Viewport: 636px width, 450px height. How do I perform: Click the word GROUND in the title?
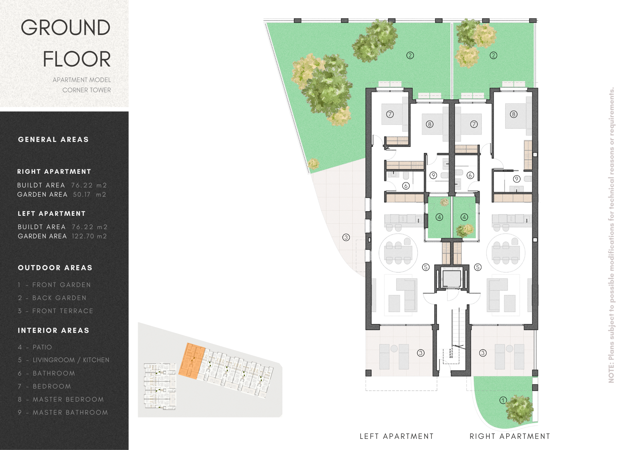(66, 28)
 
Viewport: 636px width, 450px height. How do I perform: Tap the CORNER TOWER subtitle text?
(86, 90)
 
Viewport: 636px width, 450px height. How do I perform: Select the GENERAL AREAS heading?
(53, 139)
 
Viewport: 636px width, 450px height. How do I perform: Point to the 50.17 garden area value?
(82, 194)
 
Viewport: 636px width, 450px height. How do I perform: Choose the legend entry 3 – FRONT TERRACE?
(55, 311)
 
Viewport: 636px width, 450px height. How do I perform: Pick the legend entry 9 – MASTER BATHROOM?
(63, 412)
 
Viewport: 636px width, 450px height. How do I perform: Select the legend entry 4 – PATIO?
(35, 347)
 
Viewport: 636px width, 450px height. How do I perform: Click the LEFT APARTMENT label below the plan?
(397, 436)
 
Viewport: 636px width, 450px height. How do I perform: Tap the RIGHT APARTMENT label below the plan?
(510, 436)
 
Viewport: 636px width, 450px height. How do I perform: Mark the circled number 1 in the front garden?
(503, 400)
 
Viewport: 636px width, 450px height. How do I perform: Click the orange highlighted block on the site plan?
(192, 361)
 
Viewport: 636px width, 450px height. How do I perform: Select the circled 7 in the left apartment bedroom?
(390, 114)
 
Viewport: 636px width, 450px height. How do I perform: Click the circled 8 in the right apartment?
(514, 114)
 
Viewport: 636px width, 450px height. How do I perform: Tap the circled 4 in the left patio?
(439, 217)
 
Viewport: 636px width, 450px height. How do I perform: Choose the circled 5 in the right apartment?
(478, 267)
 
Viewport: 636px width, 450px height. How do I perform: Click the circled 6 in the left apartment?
(406, 186)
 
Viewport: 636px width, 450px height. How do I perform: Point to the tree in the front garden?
(519, 410)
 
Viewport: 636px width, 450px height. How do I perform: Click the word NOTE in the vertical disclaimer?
(611, 374)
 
